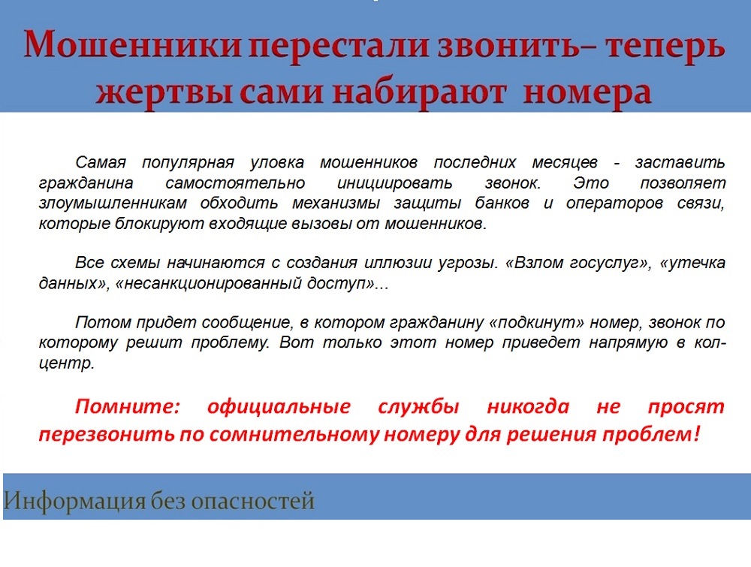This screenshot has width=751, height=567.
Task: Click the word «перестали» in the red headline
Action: coord(339,46)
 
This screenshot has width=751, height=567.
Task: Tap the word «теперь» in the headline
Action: coord(665,46)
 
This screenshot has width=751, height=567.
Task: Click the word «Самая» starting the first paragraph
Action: coord(101,163)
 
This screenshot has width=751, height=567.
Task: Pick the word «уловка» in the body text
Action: coord(277,163)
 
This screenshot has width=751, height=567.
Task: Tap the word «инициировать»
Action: coord(395,183)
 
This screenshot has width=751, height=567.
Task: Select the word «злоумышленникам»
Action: coord(113,204)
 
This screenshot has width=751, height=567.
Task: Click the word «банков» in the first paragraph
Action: coord(502,204)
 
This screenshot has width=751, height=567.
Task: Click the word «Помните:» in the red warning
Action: coord(127,407)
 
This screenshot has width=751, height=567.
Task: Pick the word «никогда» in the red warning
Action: coord(528,407)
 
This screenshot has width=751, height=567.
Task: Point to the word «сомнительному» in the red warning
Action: coord(294,434)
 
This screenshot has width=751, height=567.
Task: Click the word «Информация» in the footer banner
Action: coord(74,502)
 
